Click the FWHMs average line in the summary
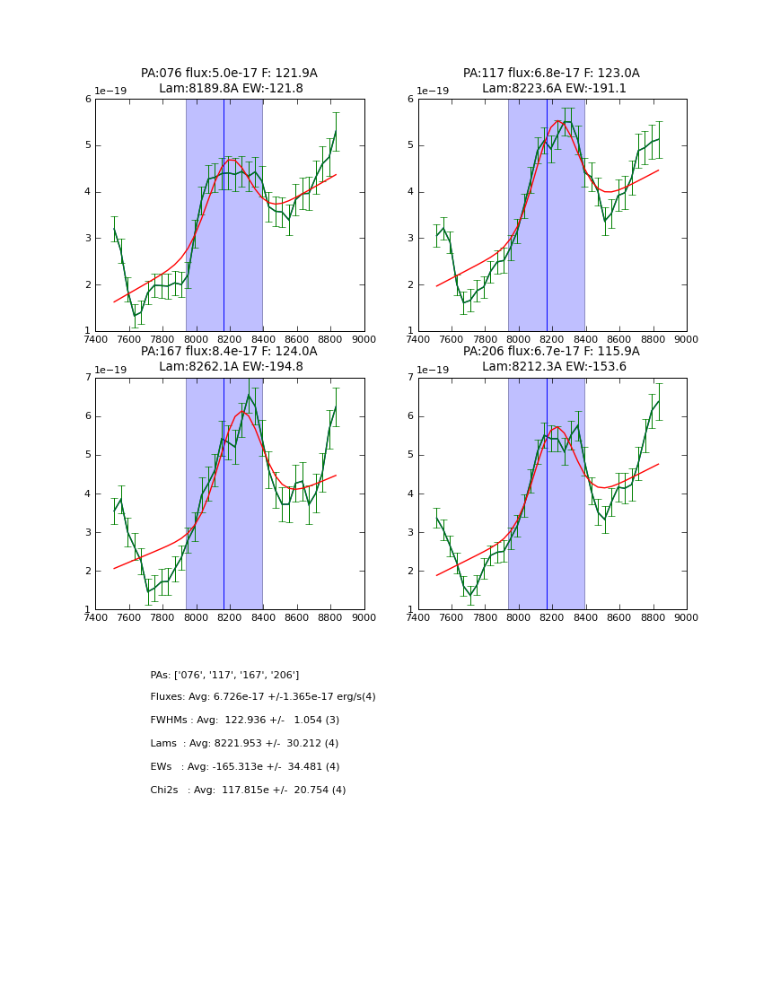pos(244,721)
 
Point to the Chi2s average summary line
pos(248,790)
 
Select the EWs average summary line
pos(244,767)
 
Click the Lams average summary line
pos(244,744)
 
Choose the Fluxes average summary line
pos(263,697)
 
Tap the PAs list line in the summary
pos(224,675)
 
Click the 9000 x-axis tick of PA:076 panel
pos(364,340)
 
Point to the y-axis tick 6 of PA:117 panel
pos(411,99)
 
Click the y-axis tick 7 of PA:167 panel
pos(88,378)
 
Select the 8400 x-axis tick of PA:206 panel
pos(586,618)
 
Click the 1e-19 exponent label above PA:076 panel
pos(110,91)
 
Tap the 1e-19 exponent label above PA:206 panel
pos(433,370)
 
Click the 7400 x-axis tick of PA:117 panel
pos(418,340)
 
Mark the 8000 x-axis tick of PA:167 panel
pos(196,618)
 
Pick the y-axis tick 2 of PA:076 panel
pos(88,284)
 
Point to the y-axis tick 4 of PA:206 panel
pos(411,493)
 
